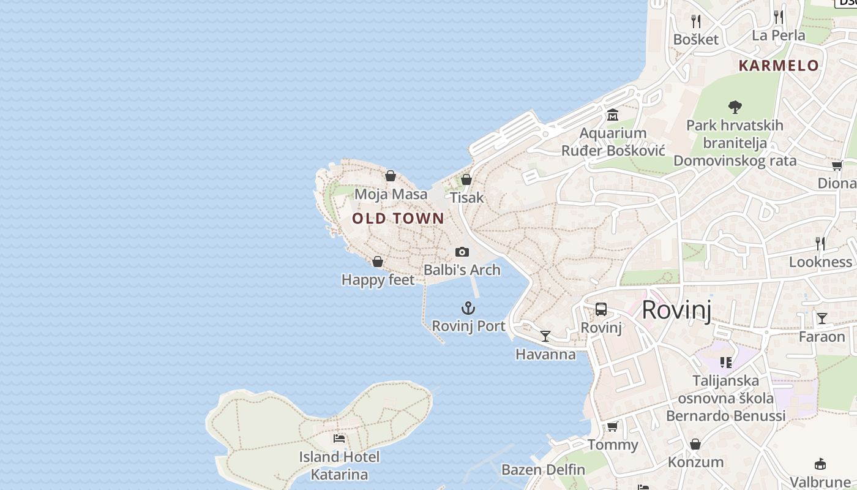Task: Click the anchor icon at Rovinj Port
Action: pos(468,308)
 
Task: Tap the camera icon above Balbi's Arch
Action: pos(462,252)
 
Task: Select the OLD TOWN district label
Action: pos(398,218)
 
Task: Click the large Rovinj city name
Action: pos(676,311)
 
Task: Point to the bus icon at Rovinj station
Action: pos(601,309)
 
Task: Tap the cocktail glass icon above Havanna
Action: pos(545,336)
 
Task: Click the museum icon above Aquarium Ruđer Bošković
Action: pos(613,115)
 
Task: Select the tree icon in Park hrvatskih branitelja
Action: pos(735,107)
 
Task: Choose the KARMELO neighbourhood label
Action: pos(779,66)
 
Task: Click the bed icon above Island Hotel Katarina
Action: pos(339,439)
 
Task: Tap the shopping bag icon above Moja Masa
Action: pos(391,176)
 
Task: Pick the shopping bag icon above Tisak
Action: pos(466,179)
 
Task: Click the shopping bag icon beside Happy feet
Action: pos(378,262)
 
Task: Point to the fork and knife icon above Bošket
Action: pos(695,21)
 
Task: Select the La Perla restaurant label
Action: pos(779,35)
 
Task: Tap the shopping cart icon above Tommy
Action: pos(613,426)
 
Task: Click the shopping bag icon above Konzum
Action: pos(695,444)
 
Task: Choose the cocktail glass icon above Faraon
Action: pos(822,318)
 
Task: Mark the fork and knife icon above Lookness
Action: pos(820,244)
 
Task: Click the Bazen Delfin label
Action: pos(544,470)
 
